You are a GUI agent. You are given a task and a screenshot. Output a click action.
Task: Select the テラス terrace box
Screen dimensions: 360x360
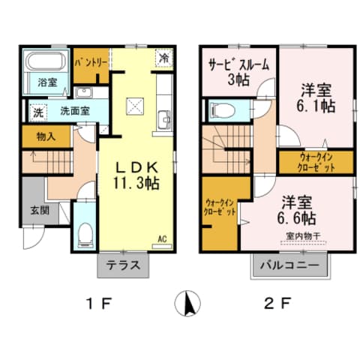123,265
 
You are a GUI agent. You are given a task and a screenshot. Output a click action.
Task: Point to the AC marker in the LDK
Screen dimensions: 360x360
161,239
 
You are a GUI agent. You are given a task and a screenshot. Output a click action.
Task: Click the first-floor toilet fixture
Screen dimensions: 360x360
85,235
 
